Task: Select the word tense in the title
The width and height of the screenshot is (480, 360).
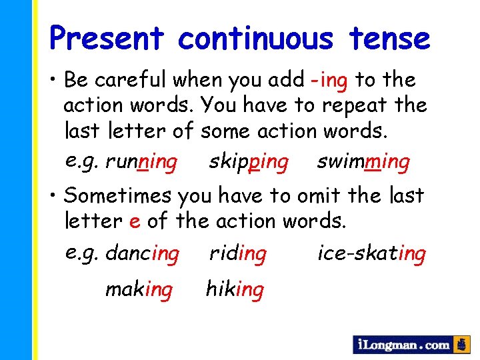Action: click(388, 38)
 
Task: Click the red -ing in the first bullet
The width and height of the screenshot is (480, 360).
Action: click(329, 80)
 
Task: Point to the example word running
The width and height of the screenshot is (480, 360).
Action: click(141, 161)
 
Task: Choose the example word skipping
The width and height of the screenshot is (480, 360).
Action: click(249, 161)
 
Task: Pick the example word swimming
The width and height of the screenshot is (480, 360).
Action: click(363, 161)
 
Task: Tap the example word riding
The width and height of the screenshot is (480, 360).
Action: click(238, 253)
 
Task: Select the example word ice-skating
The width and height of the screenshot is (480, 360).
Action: click(371, 253)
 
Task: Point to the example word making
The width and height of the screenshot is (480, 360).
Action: click(139, 289)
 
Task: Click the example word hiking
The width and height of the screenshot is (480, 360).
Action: click(235, 289)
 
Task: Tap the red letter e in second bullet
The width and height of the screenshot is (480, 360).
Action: click(135, 221)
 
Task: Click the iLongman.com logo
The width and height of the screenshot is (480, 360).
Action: click(403, 345)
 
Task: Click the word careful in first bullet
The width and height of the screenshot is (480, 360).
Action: click(131, 80)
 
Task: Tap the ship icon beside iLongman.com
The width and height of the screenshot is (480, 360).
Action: click(461, 345)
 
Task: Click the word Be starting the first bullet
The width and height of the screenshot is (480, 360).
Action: click(76, 80)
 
